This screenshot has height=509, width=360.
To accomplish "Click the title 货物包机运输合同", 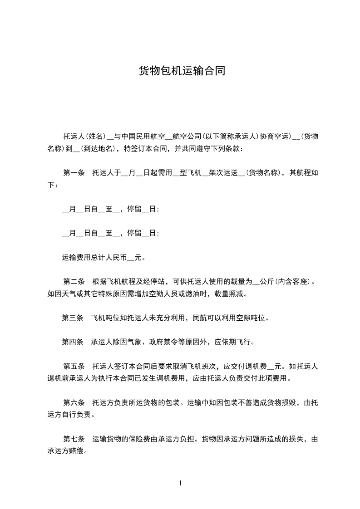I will point(182,71).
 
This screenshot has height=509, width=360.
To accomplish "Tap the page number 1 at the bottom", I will point(180,483).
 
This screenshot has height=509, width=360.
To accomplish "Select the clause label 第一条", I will point(74,173).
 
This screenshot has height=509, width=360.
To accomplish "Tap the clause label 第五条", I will point(74,366).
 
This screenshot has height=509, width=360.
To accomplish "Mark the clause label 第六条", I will point(74,402).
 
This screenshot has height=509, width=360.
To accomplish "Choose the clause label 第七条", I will point(74,439).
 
